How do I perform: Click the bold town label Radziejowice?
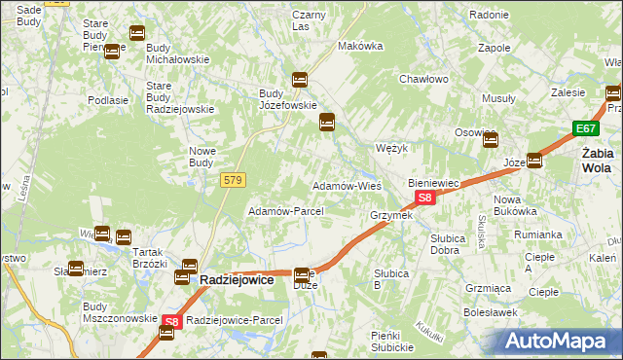click(x=243, y=278)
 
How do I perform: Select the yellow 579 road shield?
click(x=234, y=180)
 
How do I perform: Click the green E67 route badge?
click(x=585, y=128)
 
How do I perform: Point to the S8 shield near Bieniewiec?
click(x=425, y=198)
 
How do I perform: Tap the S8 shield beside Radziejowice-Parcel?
click(x=171, y=320)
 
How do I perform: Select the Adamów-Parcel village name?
click(x=279, y=211)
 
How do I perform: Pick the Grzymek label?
click(x=391, y=215)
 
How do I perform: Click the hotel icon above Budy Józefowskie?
click(x=300, y=80)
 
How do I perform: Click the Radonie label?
click(x=489, y=15)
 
